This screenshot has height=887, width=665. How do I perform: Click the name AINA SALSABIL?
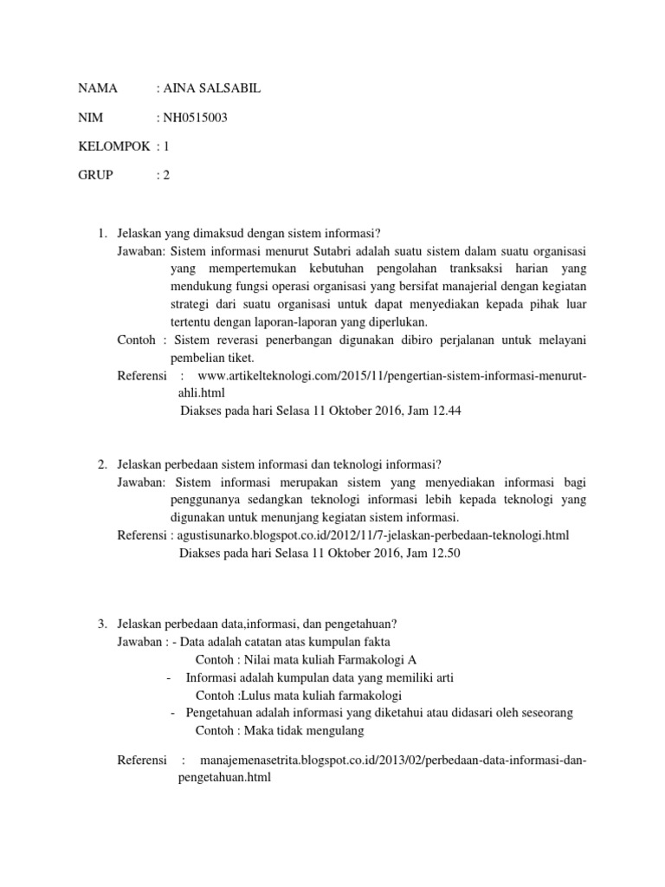pos(211,88)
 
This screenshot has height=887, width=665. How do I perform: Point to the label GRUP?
pos(95,174)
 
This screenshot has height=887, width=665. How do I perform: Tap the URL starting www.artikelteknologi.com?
pos(392,375)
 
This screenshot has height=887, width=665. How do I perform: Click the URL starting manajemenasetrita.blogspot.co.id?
pos(392,761)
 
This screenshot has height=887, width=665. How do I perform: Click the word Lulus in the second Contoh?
pos(255,695)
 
